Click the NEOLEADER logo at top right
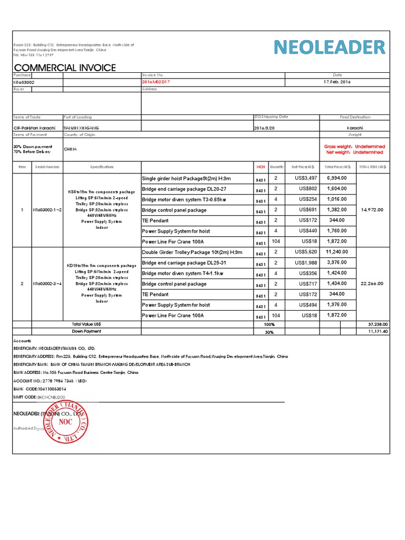330,48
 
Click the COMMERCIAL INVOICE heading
65,67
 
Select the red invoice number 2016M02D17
156,82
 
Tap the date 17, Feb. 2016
337,82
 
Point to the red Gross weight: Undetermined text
354,146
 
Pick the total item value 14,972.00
372,210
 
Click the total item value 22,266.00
372,284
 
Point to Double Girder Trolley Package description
192,252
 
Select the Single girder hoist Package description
186,179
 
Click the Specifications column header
102,167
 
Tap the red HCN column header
261,167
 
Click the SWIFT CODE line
40,397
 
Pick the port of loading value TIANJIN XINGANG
81,128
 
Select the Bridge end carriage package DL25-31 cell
184,263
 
